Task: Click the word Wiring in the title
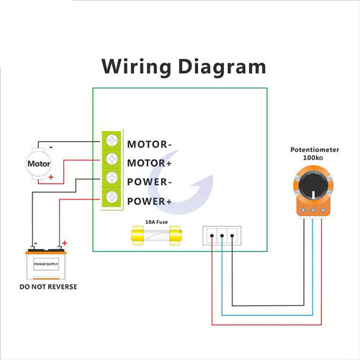(x=138, y=67)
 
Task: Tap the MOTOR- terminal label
(x=150, y=143)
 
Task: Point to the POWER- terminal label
(x=150, y=181)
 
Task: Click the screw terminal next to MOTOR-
(x=112, y=140)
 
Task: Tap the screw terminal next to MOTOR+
(x=112, y=158)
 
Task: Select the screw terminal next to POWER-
(x=112, y=178)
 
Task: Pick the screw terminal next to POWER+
(x=112, y=197)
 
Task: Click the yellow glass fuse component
(x=156, y=236)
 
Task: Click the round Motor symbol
(x=40, y=163)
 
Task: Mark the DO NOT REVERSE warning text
(x=48, y=287)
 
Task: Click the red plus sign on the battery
(x=64, y=243)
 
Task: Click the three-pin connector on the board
(x=222, y=235)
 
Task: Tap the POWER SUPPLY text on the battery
(x=48, y=264)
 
